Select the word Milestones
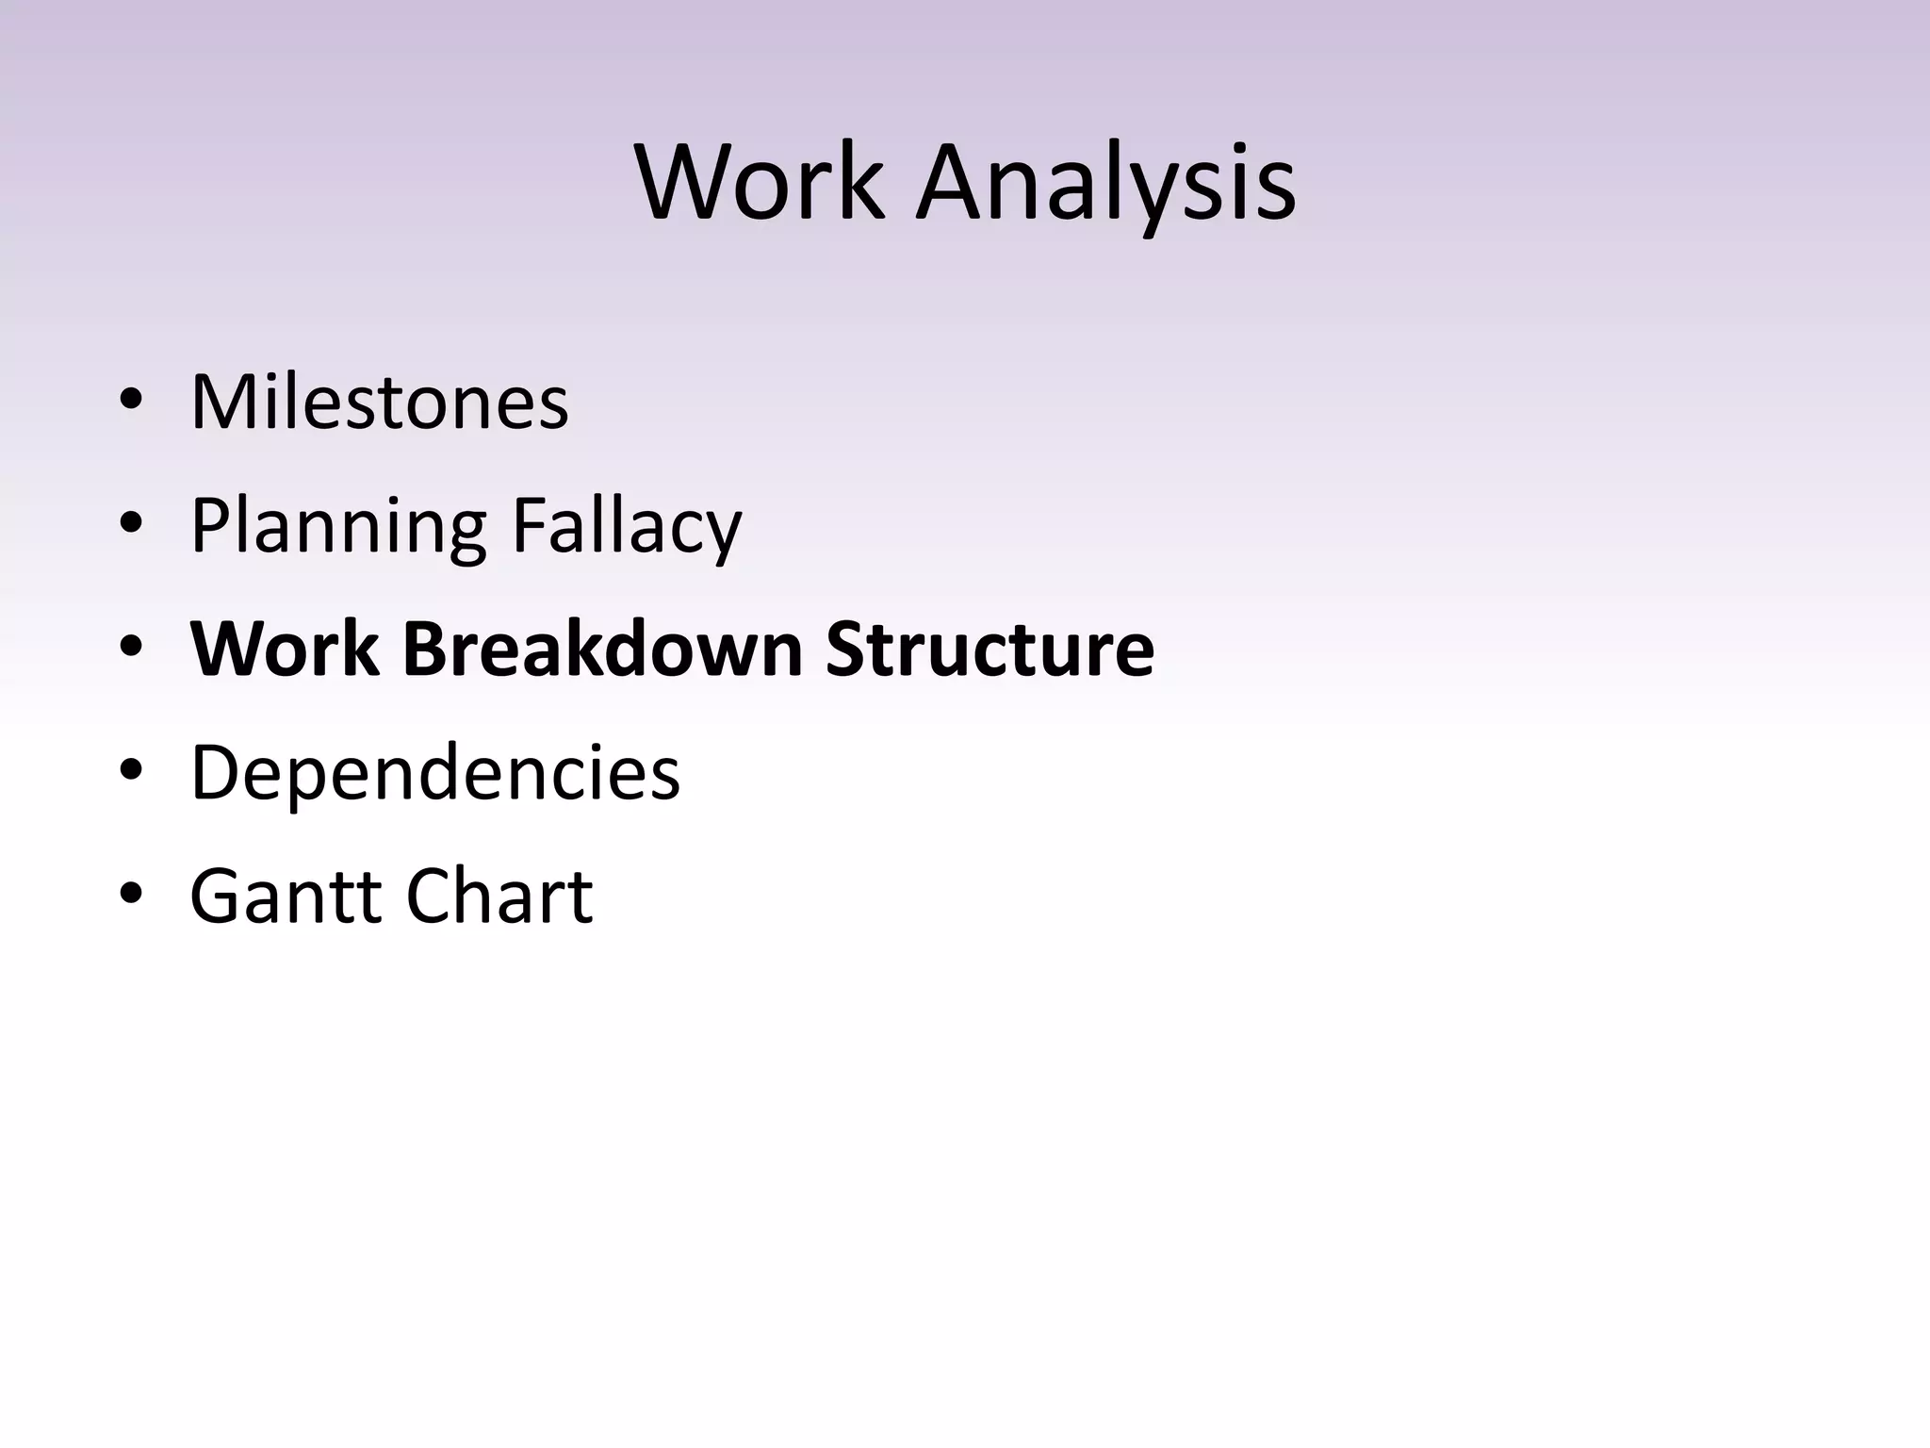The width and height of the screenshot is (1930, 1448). [x=379, y=402]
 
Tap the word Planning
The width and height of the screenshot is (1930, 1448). [x=338, y=526]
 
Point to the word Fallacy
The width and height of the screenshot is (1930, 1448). [x=627, y=526]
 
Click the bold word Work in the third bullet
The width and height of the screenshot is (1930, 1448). [x=286, y=649]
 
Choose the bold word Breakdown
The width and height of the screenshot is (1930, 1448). [x=602, y=649]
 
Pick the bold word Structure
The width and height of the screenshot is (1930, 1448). [x=990, y=649]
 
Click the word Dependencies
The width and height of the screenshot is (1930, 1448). [x=434, y=772]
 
